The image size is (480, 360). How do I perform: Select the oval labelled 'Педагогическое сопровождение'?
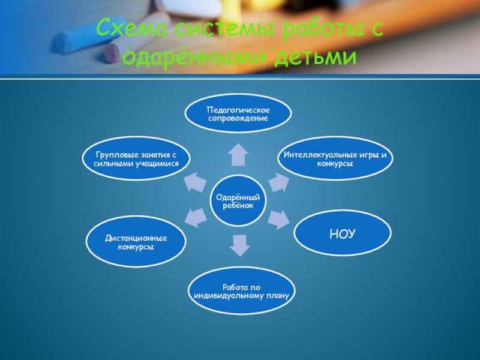click(x=238, y=114)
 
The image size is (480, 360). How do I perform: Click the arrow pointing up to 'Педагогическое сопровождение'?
click(x=238, y=154)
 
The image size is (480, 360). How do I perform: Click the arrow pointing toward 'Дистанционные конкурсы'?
click(x=195, y=217)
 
